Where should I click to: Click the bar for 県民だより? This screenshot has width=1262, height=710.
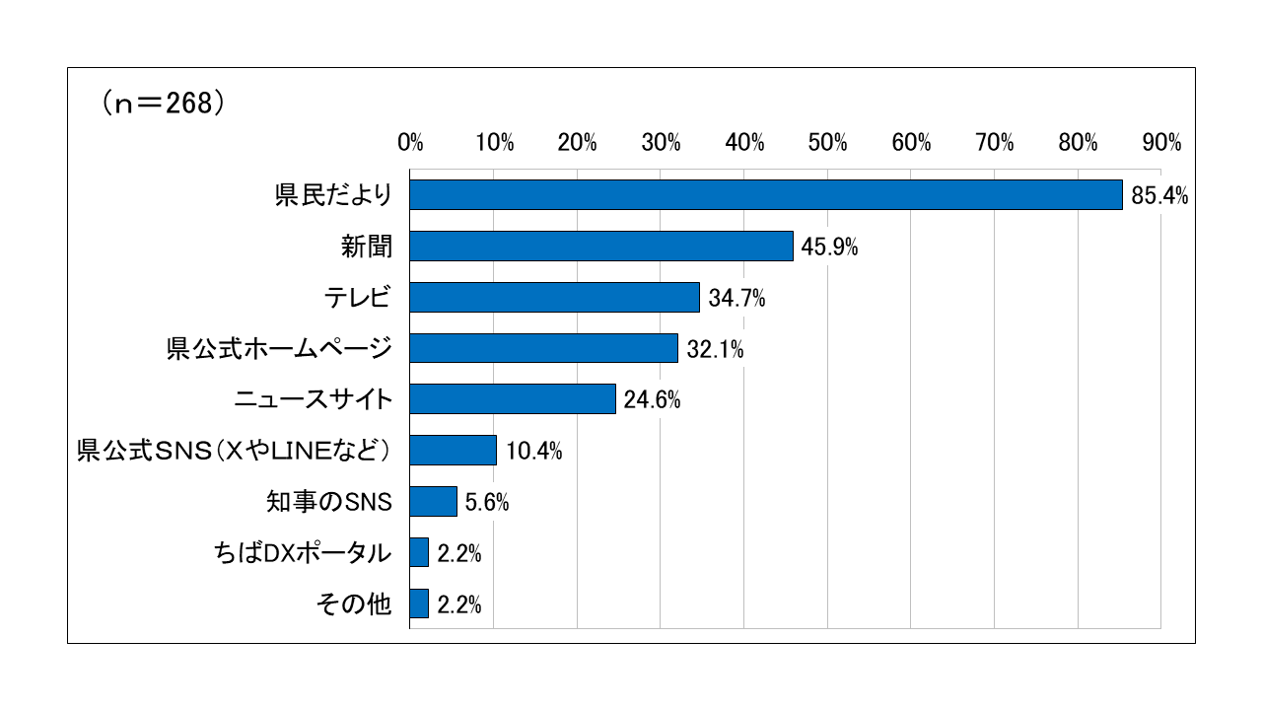click(766, 195)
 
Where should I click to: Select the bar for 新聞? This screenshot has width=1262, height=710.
click(601, 247)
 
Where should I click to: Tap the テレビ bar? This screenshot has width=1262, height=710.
click(554, 297)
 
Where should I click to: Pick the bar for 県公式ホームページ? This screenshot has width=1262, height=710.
click(543, 348)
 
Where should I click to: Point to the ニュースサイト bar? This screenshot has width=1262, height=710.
click(513, 399)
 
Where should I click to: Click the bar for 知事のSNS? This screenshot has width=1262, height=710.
click(433, 501)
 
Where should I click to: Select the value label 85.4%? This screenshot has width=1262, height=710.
click(1158, 196)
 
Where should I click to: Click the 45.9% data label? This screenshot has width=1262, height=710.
click(829, 248)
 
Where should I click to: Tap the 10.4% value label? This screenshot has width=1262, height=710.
click(533, 452)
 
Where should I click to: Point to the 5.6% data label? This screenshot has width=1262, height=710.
click(486, 503)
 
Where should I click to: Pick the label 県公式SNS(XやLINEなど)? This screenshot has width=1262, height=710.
click(235, 451)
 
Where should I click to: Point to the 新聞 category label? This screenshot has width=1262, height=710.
click(367, 247)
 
